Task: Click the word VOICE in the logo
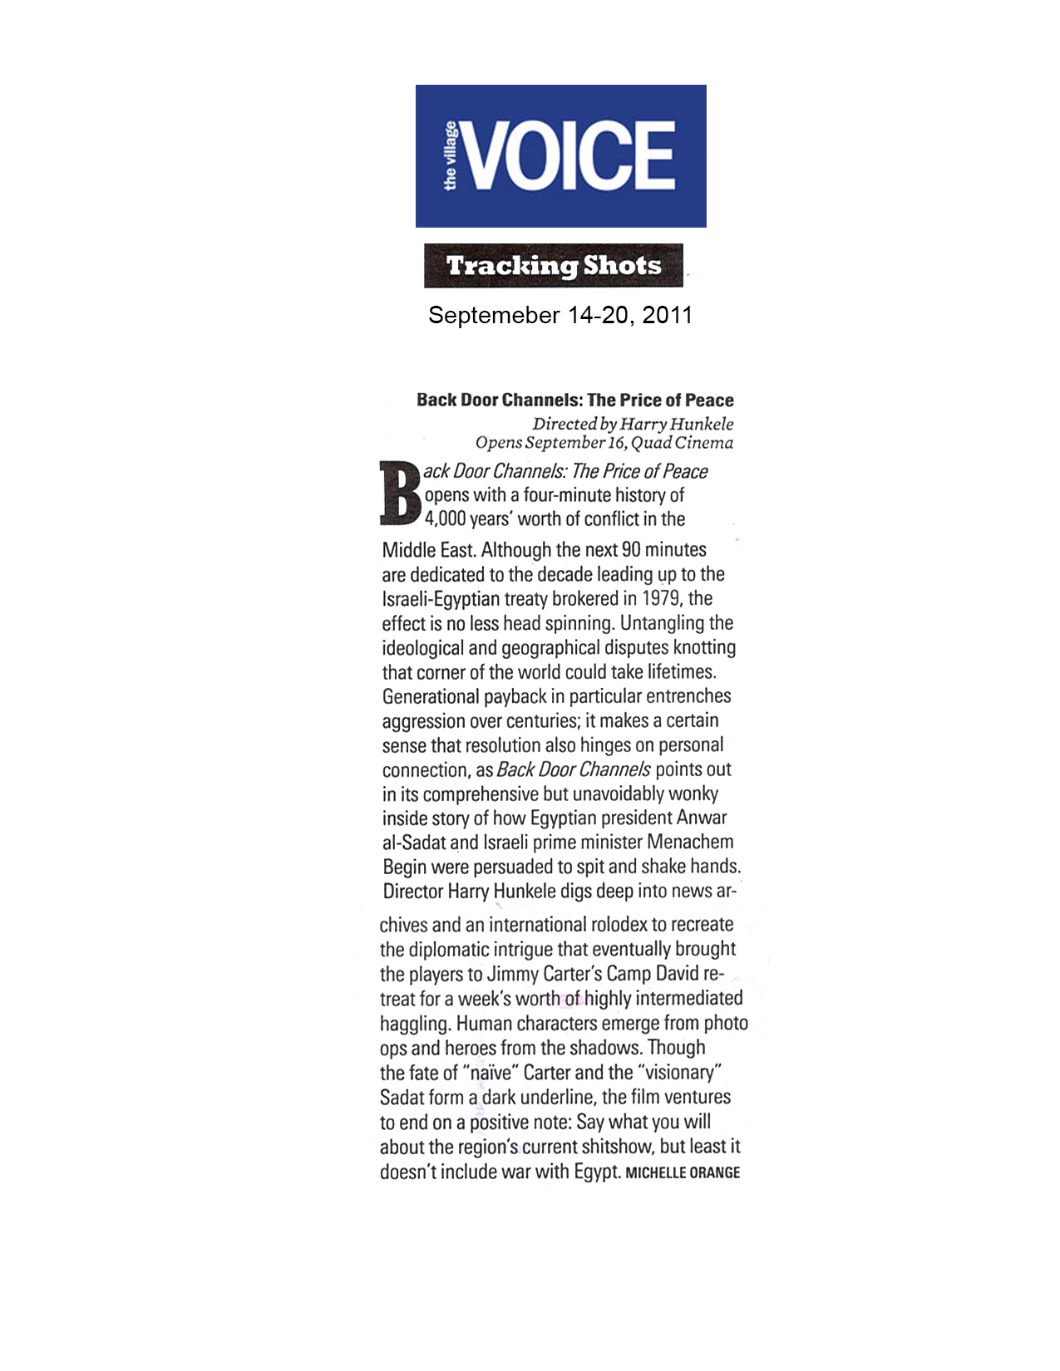click(x=569, y=155)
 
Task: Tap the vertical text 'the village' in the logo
click(x=450, y=156)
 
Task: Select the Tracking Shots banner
click(x=554, y=266)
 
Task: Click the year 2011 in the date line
click(x=667, y=316)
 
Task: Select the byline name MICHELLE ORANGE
click(x=683, y=1172)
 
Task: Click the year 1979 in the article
click(x=661, y=599)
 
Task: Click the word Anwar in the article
click(x=702, y=818)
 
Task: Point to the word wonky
click(x=693, y=794)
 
